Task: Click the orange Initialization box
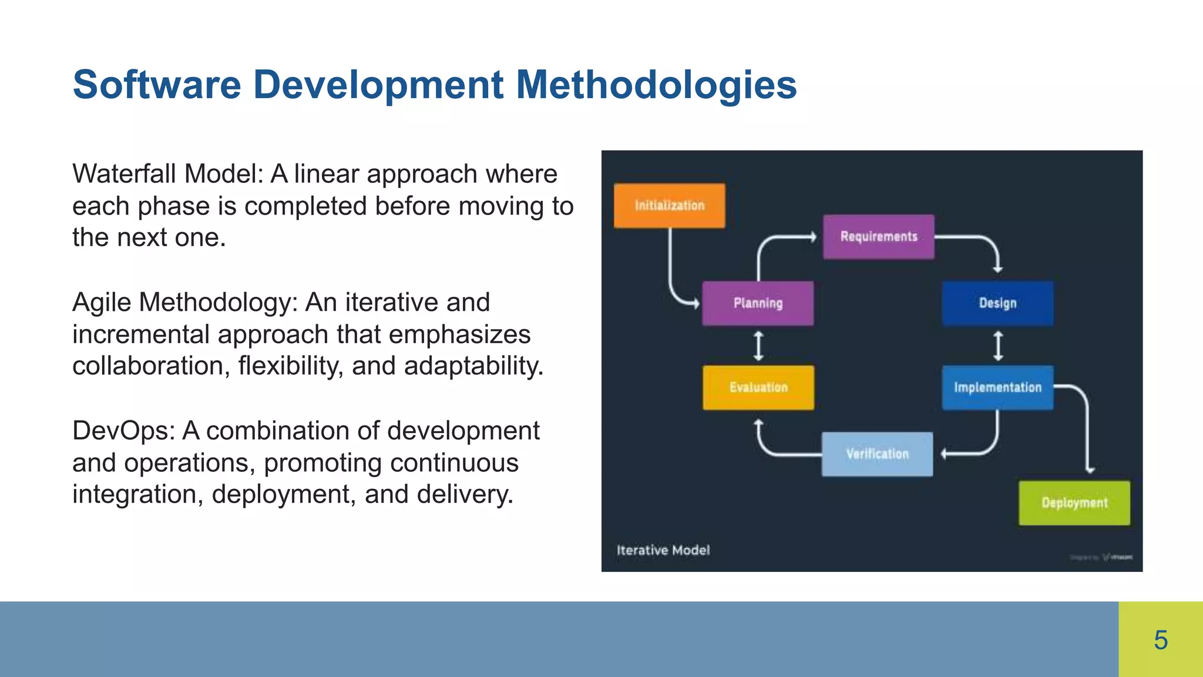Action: coord(669,206)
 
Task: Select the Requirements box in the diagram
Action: coord(878,237)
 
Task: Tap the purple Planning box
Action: coord(758,303)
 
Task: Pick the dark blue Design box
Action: coord(997,303)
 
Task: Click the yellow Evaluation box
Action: coord(758,387)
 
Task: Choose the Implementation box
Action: coord(997,387)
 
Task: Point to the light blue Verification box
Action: coord(877,454)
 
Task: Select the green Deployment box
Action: coord(1074,503)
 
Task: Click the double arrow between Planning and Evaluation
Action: coord(758,346)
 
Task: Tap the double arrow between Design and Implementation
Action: coord(998,346)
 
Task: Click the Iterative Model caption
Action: coord(663,550)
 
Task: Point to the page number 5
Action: coord(1161,640)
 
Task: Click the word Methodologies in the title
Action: coord(656,85)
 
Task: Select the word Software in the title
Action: coord(157,85)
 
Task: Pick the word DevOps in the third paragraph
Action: coord(124,431)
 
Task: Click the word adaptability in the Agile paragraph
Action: coord(473,366)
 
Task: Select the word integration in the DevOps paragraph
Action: coord(137,494)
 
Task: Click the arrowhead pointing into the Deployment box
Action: coord(1090,470)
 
